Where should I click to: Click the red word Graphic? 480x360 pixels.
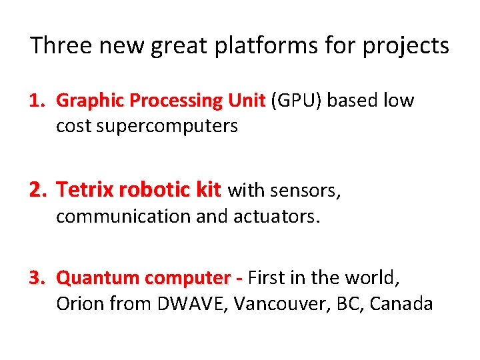tap(91, 101)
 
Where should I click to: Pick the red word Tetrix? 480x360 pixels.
tap(85, 191)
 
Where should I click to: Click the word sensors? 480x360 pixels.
tap(307, 191)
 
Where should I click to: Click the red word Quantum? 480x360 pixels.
tap(99, 277)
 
